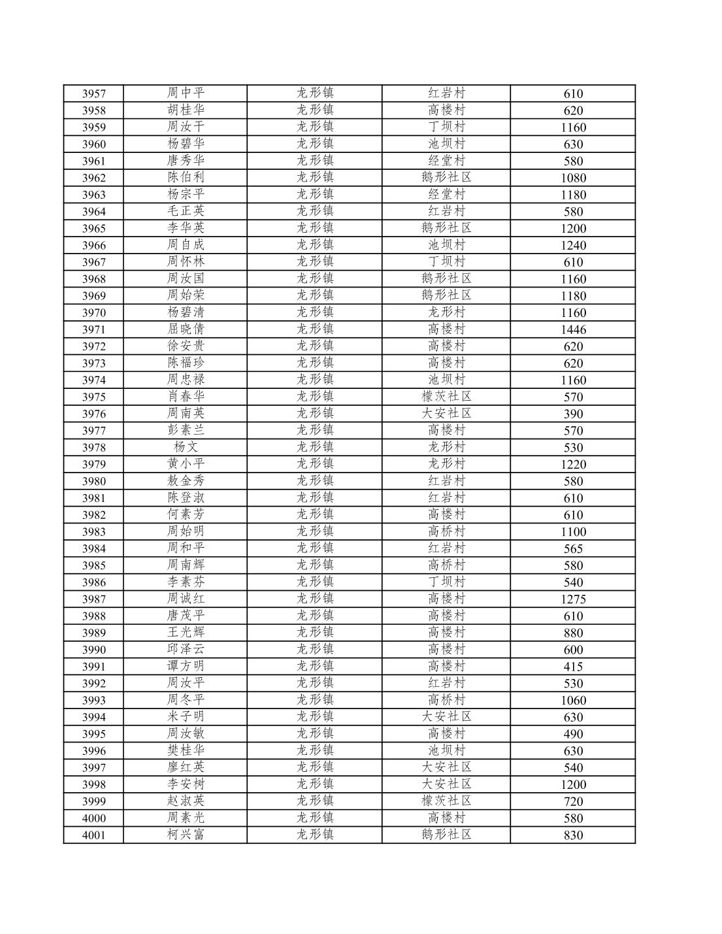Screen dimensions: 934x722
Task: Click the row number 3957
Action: [93, 93]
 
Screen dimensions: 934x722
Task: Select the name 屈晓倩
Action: [186, 329]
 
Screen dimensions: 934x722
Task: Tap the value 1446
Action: [573, 329]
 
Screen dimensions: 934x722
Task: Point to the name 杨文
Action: [186, 447]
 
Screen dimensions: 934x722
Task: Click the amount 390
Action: [573, 414]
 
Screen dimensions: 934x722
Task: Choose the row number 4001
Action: [93, 835]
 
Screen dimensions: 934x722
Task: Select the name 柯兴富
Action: [186, 835]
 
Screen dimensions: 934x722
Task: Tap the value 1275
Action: [573, 599]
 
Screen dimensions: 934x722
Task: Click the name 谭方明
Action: [186, 666]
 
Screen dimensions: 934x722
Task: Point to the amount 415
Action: [573, 667]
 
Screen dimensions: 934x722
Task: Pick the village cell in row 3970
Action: [446, 312]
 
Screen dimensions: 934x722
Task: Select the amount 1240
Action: [573, 245]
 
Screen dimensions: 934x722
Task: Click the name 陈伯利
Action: [186, 177]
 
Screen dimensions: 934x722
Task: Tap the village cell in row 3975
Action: [446, 396]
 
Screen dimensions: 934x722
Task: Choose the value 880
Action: [573, 633]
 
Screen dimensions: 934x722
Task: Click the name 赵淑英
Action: [186, 801]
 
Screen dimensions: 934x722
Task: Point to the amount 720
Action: [573, 801]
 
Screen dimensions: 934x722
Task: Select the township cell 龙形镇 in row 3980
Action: [315, 480]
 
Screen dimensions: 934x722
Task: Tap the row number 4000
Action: [93, 818]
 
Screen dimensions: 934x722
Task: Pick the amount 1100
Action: [573, 532]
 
